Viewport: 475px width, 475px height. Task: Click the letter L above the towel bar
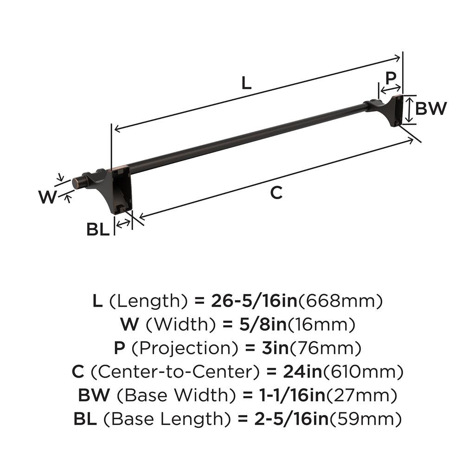(x=246, y=83)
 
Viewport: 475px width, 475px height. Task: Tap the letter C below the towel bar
(x=276, y=193)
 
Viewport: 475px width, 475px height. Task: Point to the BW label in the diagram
(x=431, y=109)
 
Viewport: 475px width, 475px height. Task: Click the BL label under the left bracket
(x=98, y=229)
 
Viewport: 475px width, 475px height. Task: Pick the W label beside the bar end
(x=47, y=198)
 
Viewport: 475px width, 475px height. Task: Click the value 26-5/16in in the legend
(x=254, y=302)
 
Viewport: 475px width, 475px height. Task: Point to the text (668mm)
(x=340, y=302)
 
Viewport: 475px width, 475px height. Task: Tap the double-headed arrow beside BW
(x=408, y=110)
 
